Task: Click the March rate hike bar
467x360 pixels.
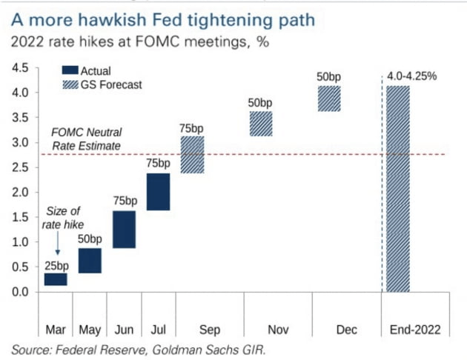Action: (x=56, y=279)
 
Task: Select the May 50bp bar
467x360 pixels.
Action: (x=90, y=261)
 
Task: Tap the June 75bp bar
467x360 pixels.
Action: (x=124, y=230)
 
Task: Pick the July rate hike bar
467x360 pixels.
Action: (x=158, y=192)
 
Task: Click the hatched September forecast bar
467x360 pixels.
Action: (x=192, y=155)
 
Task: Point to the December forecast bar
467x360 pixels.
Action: (x=328, y=99)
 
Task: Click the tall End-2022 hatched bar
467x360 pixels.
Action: (x=398, y=189)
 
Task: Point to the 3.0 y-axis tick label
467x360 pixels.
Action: (x=21, y=142)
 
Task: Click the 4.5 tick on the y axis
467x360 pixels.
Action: (x=21, y=67)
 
